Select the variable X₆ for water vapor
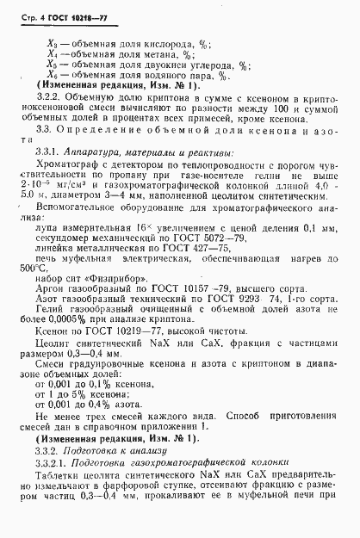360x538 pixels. click(x=53, y=75)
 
